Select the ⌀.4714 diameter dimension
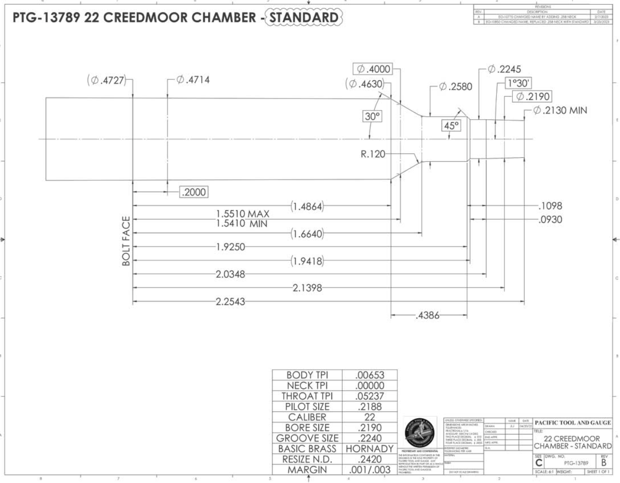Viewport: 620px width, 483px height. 193,80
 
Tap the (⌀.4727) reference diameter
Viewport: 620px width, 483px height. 107,81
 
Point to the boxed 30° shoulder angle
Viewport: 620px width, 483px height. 372,116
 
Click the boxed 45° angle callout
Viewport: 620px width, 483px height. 451,126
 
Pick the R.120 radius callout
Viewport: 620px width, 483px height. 373,155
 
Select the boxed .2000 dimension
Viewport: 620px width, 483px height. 193,192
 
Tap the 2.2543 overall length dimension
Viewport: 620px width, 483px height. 230,302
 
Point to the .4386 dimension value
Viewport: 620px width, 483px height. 428,315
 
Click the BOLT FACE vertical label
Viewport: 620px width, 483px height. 126,241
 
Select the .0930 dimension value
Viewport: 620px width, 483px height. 550,220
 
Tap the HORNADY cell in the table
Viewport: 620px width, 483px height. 370,449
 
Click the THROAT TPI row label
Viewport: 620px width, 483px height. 307,396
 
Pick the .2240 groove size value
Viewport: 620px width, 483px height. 370,438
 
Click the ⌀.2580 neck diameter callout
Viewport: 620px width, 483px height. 455,87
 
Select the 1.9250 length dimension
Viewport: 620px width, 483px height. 230,247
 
